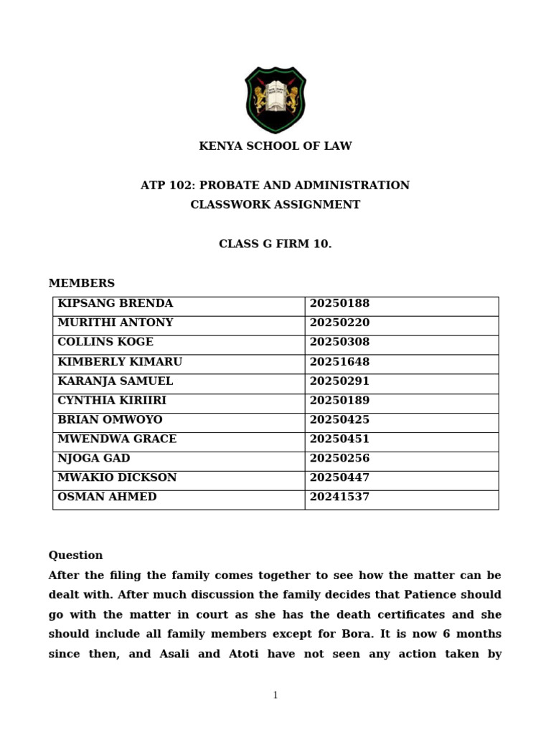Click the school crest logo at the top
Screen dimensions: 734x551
[275, 100]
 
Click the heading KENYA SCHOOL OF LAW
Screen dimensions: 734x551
[275, 146]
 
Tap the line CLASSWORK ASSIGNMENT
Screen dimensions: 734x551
[275, 205]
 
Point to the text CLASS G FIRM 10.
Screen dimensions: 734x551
[275, 244]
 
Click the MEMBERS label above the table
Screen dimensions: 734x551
[81, 283]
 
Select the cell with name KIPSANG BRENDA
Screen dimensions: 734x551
[115, 304]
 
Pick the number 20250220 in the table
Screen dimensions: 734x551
[339, 323]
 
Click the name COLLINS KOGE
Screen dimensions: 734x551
[105, 343]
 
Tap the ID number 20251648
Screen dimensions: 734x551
[339, 362]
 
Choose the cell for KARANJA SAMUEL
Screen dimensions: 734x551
[115, 381]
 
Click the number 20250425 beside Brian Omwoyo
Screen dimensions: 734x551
[339, 420]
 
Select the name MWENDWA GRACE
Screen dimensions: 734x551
[117, 439]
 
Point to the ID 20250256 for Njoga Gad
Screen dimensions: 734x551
[339, 459]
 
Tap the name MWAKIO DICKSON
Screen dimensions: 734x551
[117, 478]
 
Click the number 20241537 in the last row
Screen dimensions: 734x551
[339, 497]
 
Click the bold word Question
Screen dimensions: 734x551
[75, 556]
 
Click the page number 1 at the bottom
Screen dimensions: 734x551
[275, 695]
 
